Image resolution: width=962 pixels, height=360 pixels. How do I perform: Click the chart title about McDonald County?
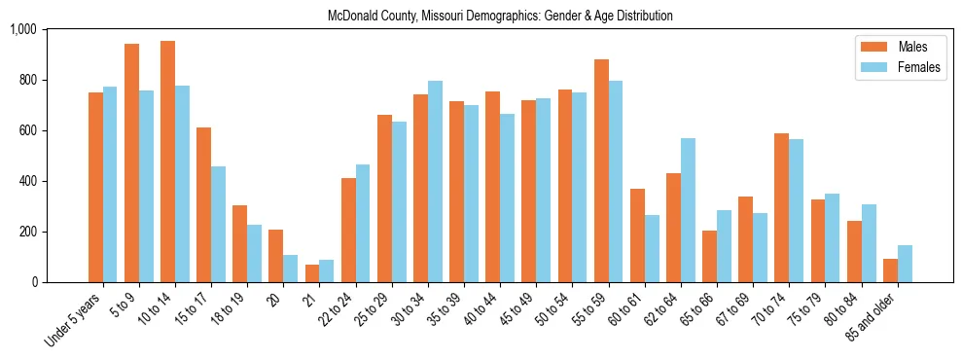coord(500,17)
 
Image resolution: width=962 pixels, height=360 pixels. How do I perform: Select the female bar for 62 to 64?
coord(688,210)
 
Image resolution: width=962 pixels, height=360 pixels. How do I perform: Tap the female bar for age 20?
coord(291,269)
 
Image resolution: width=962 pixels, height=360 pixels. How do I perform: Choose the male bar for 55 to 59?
coord(601,170)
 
